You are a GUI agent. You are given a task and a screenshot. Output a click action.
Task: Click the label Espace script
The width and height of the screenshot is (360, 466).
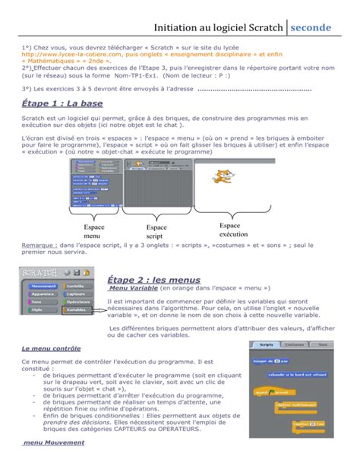click(x=156, y=232)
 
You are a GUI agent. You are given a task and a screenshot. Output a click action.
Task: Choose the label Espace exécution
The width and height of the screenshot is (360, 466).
click(x=233, y=230)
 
